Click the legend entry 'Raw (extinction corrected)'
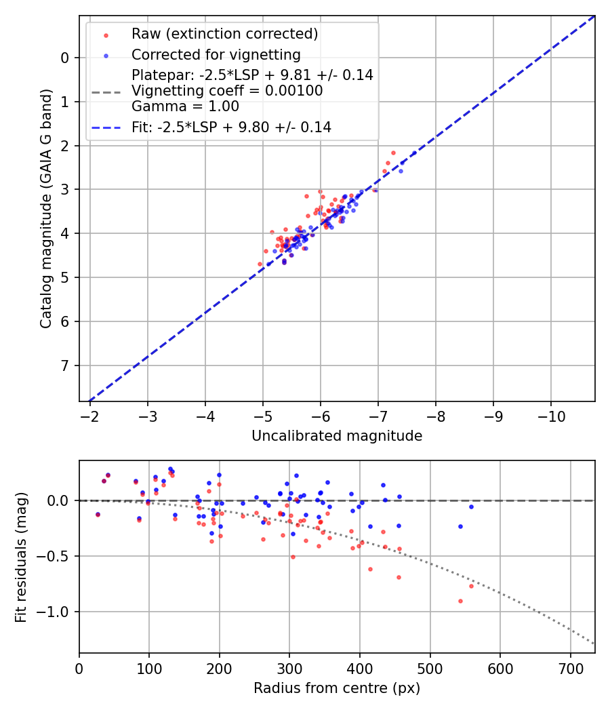point(224,34)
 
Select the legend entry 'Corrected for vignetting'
point(216,54)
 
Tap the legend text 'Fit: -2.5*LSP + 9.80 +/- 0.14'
point(231,127)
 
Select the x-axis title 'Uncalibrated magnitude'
point(337,436)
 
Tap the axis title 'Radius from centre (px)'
point(337,688)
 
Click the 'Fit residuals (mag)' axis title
point(22,557)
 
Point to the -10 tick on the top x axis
point(550,414)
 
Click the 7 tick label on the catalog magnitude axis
point(64,366)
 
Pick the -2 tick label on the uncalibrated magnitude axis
point(89,414)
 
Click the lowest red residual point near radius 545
point(460,601)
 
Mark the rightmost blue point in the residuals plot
point(471,507)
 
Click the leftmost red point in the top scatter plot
point(260,264)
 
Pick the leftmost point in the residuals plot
point(98,514)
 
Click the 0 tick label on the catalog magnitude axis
point(64,58)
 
